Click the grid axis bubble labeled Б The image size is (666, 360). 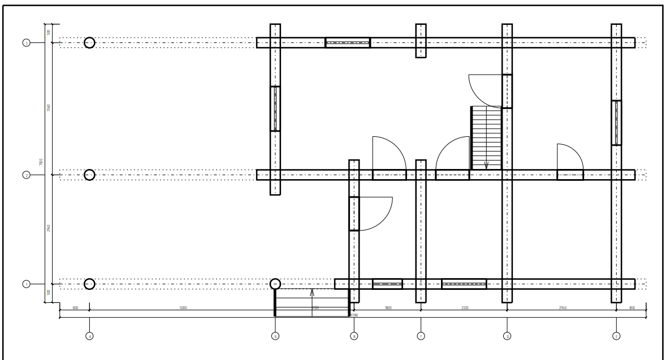275,336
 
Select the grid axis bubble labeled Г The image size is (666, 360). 421,336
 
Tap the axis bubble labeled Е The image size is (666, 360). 616,336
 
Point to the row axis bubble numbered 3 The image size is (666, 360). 26,43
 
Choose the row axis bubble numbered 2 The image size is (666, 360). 26,175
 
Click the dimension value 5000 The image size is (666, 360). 183,308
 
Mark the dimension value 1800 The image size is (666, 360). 388,308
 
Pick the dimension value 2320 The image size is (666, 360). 465,308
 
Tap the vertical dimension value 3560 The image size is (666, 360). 49,107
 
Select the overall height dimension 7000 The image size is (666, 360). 41,162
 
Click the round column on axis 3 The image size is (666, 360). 89,43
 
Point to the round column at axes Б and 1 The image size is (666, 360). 275,284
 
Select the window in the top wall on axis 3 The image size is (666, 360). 348,43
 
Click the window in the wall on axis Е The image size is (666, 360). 616,123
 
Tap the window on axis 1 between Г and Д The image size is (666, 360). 464,284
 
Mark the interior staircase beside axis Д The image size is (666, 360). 486,138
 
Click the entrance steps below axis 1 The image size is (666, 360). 312,303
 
